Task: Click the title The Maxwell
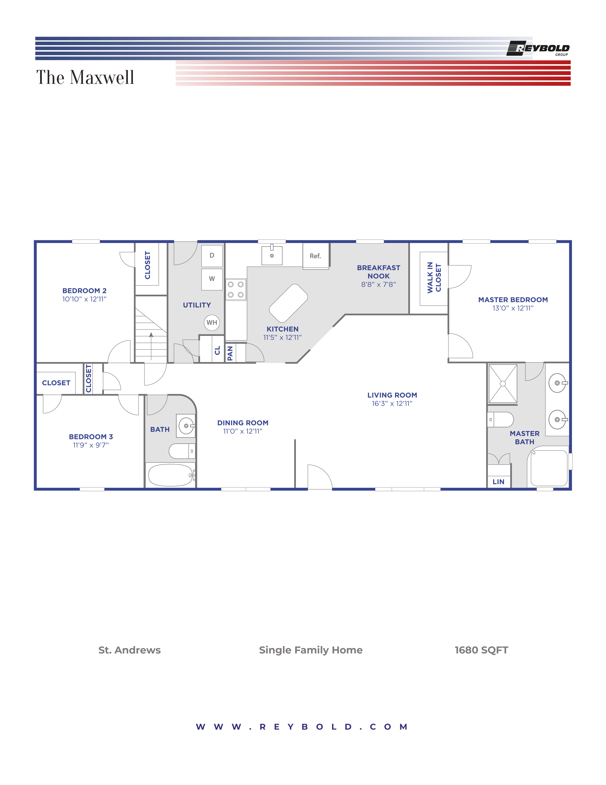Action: [85, 77]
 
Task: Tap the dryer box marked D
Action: [212, 255]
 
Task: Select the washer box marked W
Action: [212, 279]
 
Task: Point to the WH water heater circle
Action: [212, 322]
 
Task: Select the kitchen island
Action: [288, 303]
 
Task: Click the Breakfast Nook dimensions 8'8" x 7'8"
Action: [378, 284]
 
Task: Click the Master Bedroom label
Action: [513, 300]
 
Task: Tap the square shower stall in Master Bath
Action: [503, 383]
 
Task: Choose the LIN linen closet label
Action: [498, 482]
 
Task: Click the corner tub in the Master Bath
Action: [548, 467]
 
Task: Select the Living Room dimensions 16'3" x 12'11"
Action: [392, 404]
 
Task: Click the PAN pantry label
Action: [230, 353]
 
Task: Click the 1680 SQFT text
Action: [481, 650]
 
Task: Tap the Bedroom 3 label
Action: [91, 437]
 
